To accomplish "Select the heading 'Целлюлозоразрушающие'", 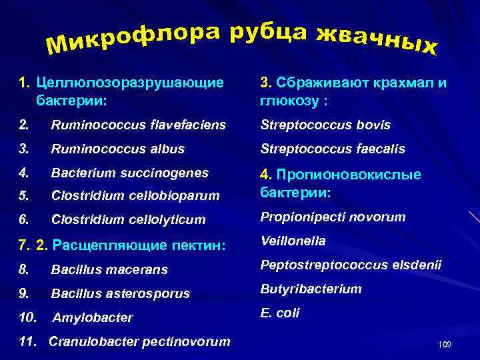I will point(130,83).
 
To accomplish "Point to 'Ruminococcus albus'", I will point(117,149).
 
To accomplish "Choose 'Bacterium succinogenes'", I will point(129,173).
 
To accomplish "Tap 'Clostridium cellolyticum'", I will point(128,219).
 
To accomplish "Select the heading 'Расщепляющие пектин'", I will point(140,245).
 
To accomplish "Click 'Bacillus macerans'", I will point(109,270).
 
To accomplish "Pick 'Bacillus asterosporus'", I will point(120,293).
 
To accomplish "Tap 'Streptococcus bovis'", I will point(325,125).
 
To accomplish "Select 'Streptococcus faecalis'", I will point(331,149).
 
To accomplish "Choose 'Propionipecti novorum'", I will point(333,217).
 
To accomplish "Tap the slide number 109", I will point(445,344).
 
